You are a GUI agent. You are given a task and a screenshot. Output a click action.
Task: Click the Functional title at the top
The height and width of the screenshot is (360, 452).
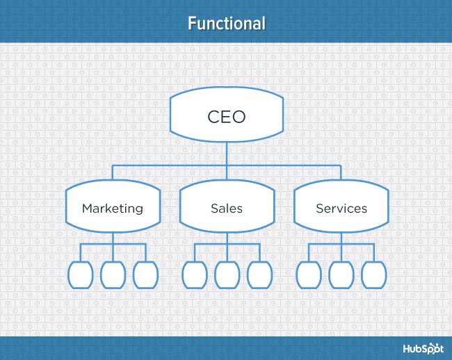coord(226,23)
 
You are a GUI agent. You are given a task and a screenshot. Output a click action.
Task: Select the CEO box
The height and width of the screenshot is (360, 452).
coord(227,116)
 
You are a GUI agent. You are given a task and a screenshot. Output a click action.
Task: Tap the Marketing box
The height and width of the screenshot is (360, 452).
coord(113,208)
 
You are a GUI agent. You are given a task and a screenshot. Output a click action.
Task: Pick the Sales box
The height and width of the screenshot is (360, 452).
coord(227,208)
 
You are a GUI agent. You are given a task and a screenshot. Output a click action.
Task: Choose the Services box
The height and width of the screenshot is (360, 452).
coord(341,208)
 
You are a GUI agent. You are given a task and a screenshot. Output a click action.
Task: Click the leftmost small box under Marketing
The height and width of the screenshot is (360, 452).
coord(81,275)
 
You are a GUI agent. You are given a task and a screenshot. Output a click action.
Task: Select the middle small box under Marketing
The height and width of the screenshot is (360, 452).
coord(113,275)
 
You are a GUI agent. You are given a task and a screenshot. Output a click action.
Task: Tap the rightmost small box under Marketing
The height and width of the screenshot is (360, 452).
coord(145,275)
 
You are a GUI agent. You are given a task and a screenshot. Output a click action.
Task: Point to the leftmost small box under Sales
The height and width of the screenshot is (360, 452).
coord(194,275)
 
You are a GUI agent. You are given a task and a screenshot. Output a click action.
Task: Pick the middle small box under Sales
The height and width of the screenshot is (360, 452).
coord(227,275)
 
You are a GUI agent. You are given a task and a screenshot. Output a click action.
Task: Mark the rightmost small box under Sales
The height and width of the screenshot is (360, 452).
coord(259,275)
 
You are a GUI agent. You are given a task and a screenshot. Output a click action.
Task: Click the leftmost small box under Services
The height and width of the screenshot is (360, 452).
coord(308,275)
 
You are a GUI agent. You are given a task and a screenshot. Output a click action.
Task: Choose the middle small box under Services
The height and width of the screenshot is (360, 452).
coord(341,275)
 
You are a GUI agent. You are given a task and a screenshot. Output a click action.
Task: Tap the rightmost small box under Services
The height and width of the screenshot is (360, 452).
coord(373,275)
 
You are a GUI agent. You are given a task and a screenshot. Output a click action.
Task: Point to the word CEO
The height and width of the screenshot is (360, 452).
coord(227,116)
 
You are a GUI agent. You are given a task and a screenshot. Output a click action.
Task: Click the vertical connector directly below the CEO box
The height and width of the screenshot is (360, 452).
coord(227,153)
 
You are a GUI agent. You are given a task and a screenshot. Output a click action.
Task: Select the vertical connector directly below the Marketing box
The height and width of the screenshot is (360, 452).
coord(113,238)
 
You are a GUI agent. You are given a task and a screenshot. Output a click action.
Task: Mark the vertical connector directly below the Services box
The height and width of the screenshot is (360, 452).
coord(341,238)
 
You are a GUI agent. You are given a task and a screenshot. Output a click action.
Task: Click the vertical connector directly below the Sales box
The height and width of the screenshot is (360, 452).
coord(227,238)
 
